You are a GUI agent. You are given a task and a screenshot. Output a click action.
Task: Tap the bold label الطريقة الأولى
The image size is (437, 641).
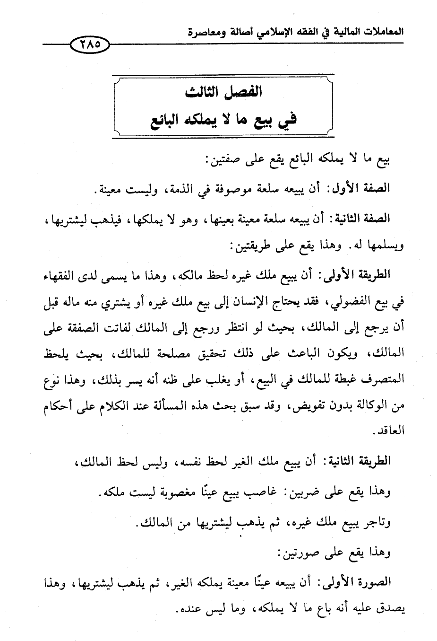(357, 274)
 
